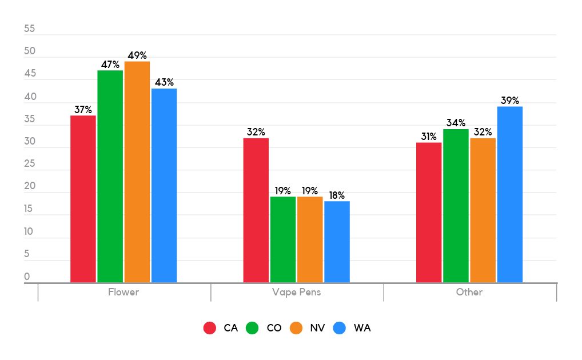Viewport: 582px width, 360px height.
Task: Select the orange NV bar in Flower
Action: click(137, 171)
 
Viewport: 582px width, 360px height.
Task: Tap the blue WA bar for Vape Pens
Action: click(337, 242)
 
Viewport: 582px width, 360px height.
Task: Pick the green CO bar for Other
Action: click(456, 206)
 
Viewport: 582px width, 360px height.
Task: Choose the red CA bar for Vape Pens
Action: click(256, 210)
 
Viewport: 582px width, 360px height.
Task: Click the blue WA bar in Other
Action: click(509, 194)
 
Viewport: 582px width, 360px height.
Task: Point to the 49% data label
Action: click(137, 55)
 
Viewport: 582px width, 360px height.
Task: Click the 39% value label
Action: click(510, 101)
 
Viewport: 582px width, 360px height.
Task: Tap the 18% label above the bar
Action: click(337, 195)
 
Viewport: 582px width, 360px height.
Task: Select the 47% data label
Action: click(110, 65)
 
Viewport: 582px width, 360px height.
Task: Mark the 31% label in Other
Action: click(429, 137)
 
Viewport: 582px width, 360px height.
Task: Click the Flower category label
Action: click(123, 292)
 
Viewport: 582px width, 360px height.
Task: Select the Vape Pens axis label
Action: click(296, 292)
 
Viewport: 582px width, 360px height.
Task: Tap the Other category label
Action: click(469, 292)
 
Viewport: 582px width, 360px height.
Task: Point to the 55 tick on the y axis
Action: click(30, 29)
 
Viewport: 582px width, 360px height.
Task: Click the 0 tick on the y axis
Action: click(27, 277)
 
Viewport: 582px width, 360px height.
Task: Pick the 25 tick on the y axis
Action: click(30, 164)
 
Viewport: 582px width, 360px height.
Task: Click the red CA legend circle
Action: click(210, 328)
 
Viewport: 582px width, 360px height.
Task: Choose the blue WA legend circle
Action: click(340, 328)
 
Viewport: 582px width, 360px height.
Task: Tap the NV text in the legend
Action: click(317, 328)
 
